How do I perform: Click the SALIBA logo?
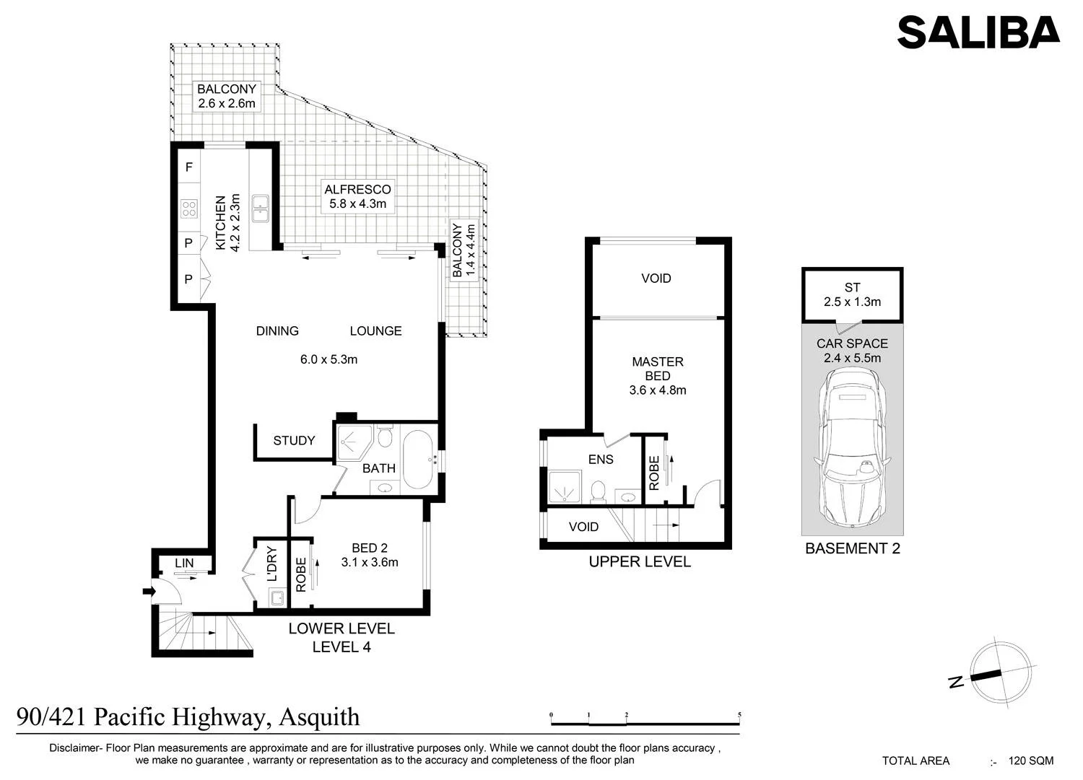(978, 32)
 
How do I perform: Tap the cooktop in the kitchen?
(189, 209)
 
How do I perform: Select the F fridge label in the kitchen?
(189, 167)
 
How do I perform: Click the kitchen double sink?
(260, 209)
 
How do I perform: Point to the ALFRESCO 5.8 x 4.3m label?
(358, 196)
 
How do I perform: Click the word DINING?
(277, 331)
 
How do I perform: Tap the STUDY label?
(294, 441)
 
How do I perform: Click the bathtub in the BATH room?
(417, 460)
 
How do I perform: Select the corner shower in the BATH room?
(354, 442)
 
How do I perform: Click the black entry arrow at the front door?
(149, 591)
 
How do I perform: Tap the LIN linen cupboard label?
(184, 563)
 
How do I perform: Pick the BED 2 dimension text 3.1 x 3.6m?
(370, 562)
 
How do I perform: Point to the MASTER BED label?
(658, 369)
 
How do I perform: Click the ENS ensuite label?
(601, 459)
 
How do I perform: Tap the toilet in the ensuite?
(599, 492)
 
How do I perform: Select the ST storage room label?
(853, 288)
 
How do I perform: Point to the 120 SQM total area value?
(1031, 761)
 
